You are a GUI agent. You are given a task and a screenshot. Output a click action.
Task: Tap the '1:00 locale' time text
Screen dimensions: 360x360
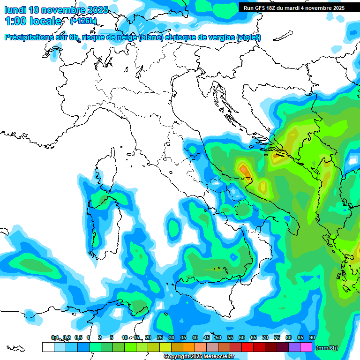click(x=33, y=21)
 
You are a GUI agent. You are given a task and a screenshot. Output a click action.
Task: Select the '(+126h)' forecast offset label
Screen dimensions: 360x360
click(x=83, y=21)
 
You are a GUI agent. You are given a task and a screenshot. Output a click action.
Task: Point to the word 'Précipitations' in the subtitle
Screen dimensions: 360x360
click(x=28, y=37)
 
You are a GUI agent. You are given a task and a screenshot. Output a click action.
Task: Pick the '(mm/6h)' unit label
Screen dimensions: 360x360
click(x=327, y=347)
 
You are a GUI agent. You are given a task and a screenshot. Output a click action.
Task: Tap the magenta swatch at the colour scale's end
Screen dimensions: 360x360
click(x=306, y=347)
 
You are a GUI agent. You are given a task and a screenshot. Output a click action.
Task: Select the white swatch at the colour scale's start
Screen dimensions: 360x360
click(x=48, y=347)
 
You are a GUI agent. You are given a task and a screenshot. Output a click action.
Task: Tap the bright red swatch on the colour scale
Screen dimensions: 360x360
click(x=247, y=347)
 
